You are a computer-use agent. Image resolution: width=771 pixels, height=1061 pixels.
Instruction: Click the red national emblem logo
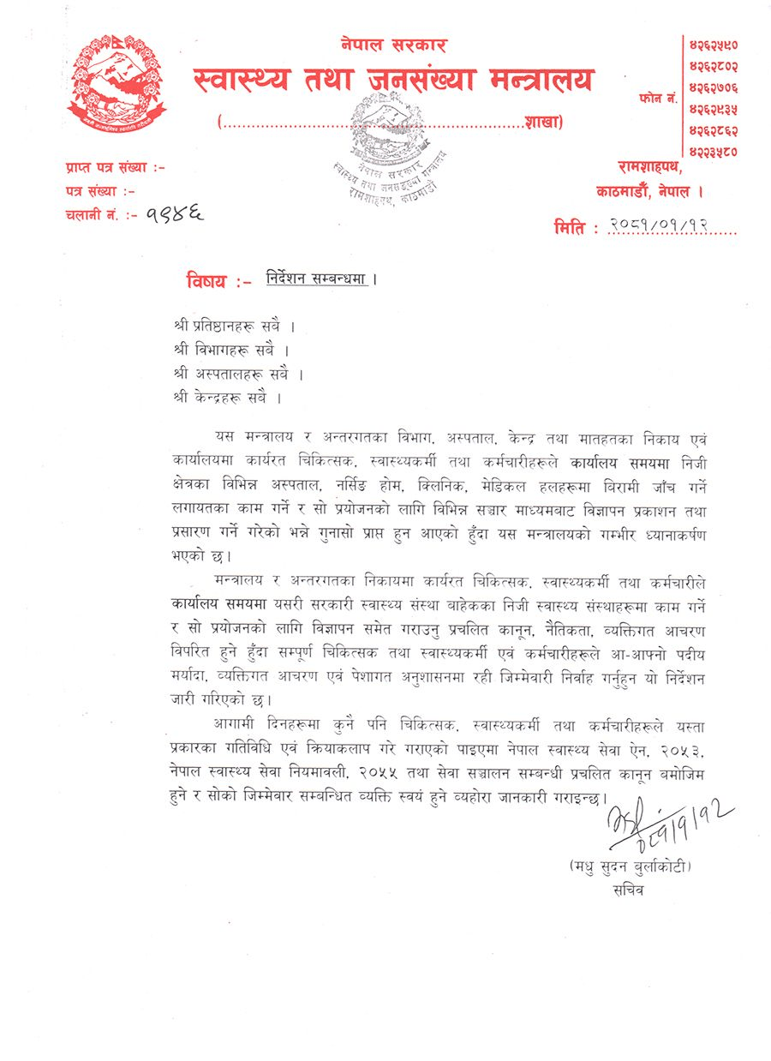pyautogui.click(x=115, y=84)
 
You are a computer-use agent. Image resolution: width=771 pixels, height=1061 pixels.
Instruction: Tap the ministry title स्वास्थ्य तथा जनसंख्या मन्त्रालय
pyautogui.click(x=393, y=81)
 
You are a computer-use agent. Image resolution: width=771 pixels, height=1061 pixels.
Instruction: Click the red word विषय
pyautogui.click(x=207, y=280)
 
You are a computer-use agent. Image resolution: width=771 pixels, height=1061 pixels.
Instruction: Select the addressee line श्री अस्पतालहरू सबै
pyautogui.click(x=237, y=374)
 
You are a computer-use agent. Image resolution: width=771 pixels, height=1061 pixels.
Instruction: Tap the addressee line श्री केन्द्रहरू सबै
pyautogui.click(x=226, y=398)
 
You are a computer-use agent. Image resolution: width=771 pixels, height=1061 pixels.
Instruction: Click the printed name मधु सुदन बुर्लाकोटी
pyautogui.click(x=629, y=867)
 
